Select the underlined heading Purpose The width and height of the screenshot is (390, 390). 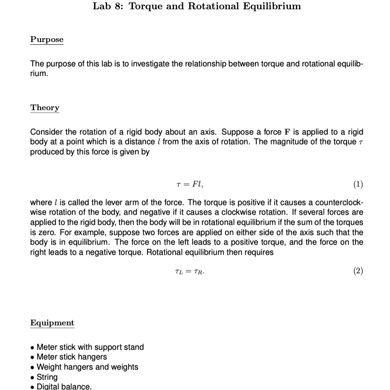[47, 40]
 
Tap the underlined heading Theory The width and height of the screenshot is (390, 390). [45, 108]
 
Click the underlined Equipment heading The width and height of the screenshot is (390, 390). [52, 323]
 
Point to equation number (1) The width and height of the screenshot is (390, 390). [358, 185]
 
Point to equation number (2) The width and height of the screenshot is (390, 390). [358, 271]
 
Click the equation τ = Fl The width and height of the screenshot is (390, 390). [187, 185]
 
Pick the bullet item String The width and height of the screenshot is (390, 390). [47, 377]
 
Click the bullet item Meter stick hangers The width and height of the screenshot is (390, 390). [71, 357]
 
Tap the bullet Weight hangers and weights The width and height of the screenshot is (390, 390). [87, 367]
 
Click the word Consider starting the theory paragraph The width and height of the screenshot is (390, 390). [46, 132]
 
